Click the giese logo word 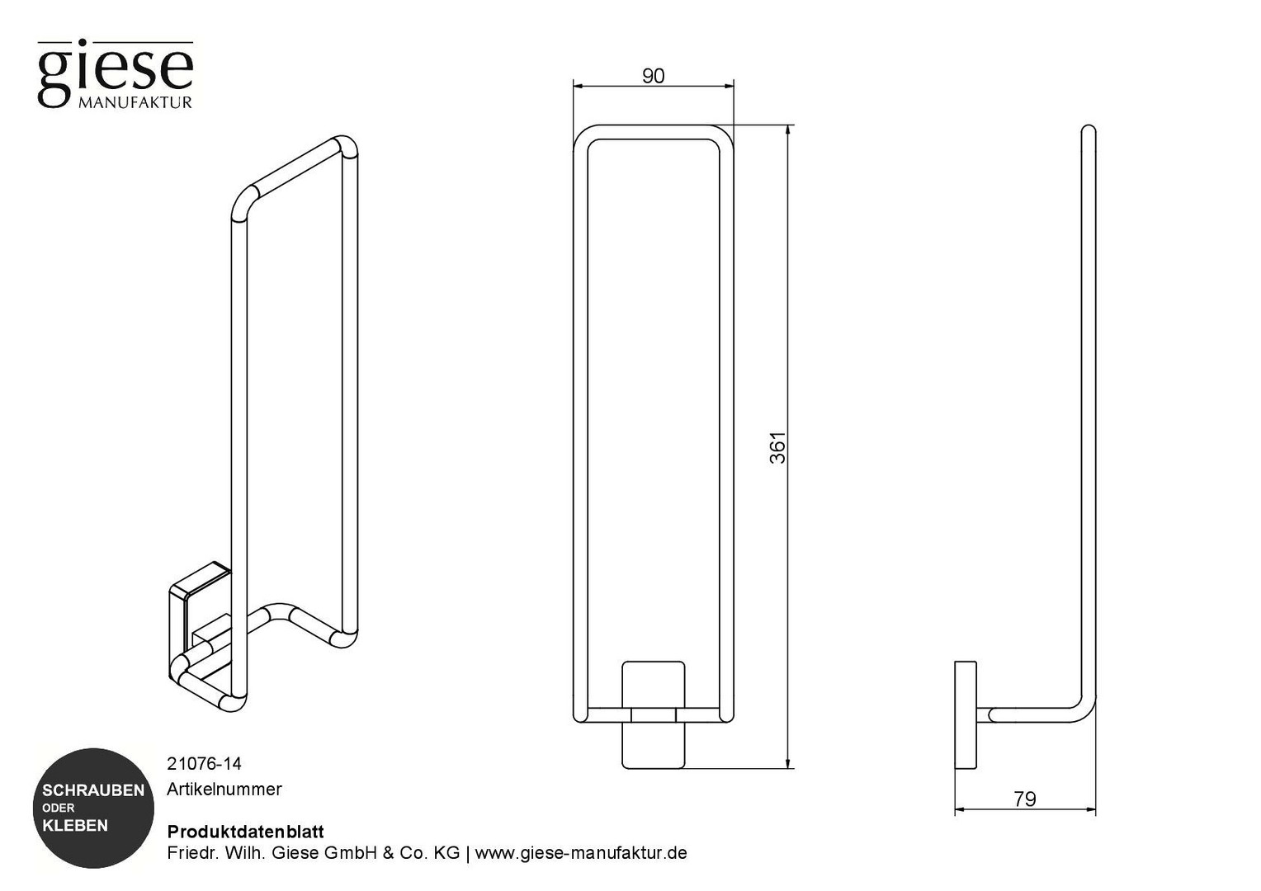click(x=116, y=72)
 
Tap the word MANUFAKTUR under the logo click(x=135, y=102)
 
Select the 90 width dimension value click(x=653, y=76)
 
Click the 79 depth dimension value click(x=1025, y=799)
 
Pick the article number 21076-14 click(x=205, y=763)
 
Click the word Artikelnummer click(x=224, y=790)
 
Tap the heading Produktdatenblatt click(x=245, y=832)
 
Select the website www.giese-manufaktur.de click(x=581, y=853)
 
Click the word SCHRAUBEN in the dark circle click(x=93, y=790)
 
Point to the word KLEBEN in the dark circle click(x=75, y=826)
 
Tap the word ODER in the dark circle click(x=59, y=808)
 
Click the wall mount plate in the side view click(x=966, y=714)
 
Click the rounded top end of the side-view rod click(x=1089, y=129)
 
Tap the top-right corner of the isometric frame click(x=349, y=144)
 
